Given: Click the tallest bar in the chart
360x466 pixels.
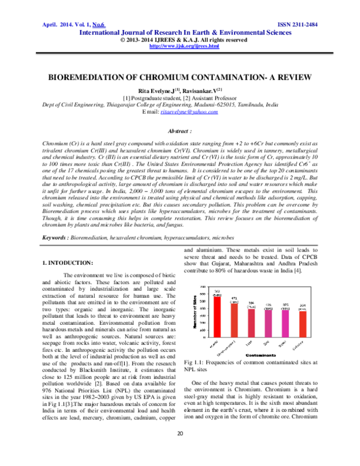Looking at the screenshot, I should pyautogui.click(x=217, y=313).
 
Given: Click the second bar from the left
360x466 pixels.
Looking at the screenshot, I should pyautogui.click(x=235, y=317).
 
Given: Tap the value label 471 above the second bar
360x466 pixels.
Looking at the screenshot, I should pyautogui.click(x=235, y=298).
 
